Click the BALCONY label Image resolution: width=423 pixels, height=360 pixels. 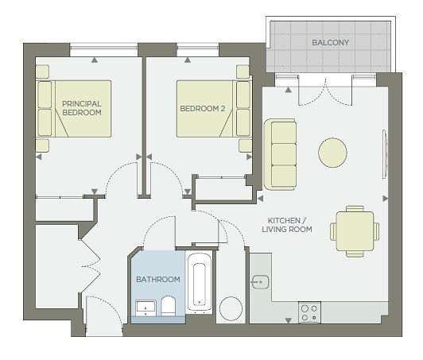tap(330, 43)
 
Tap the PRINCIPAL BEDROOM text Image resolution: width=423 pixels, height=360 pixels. tap(82, 108)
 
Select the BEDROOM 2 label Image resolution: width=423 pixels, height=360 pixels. tap(202, 109)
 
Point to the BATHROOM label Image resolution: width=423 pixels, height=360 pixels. tap(158, 280)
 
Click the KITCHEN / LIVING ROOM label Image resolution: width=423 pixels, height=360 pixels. tap(287, 225)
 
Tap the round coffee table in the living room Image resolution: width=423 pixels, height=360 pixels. tap(332, 153)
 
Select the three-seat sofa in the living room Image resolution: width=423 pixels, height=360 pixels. tap(281, 154)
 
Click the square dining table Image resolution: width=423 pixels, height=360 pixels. tap(355, 231)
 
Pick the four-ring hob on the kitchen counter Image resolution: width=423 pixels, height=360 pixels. tap(310, 312)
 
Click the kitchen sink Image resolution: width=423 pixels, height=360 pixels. tap(260, 282)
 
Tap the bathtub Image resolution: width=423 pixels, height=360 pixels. tap(200, 282)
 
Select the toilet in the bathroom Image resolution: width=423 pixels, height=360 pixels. tap(169, 306)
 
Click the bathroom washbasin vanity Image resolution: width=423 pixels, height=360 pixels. tap(146, 308)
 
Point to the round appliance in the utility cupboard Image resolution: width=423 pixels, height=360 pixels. tap(231, 308)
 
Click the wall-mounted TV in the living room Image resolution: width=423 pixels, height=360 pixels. tap(385, 154)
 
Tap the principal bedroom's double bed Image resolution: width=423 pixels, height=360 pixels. tap(73, 109)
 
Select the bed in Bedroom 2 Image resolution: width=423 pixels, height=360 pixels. tap(214, 109)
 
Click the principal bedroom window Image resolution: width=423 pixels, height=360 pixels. tap(104, 48)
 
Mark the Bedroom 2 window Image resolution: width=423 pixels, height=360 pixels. tap(198, 48)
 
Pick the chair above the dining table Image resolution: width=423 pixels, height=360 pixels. tap(355, 208)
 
